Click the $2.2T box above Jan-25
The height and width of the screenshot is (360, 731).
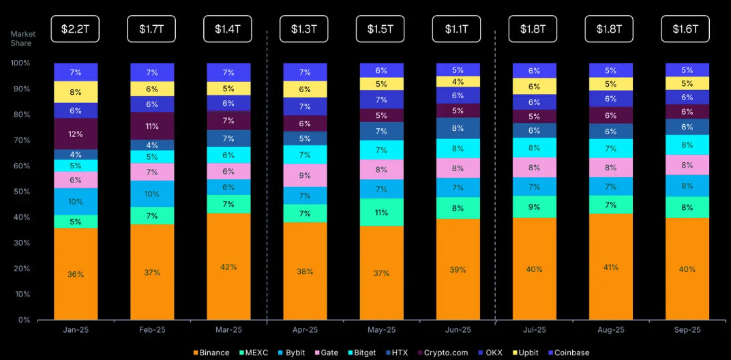point(75,29)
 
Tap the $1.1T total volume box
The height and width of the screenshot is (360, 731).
point(457,29)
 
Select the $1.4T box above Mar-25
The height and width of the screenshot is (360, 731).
point(228,29)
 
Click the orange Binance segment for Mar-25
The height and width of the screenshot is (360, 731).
point(228,267)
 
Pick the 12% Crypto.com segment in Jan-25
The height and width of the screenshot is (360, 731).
point(75,134)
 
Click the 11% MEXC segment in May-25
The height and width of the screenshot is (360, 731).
point(381,213)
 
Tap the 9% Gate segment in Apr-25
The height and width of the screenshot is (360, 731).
point(304,175)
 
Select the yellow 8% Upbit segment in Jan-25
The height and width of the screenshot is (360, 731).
point(75,92)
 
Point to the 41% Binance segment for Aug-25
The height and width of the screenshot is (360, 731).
point(610,267)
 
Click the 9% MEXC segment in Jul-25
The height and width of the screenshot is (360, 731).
point(533,207)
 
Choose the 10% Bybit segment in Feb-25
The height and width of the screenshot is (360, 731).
point(151,194)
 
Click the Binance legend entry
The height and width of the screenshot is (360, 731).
point(211,352)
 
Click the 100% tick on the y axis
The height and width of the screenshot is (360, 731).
point(20,63)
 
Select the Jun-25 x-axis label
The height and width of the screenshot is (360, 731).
point(457,330)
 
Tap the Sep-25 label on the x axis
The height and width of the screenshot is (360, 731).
point(686,330)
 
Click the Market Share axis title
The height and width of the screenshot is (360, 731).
point(23,39)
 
